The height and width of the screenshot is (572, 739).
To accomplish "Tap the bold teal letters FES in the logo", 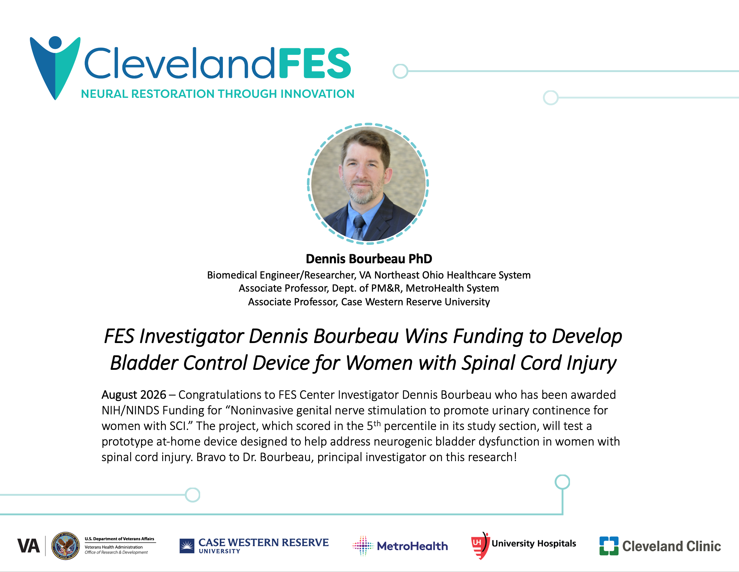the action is click(315, 63).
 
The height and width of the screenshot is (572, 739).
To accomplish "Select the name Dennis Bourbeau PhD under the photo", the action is click(369, 259).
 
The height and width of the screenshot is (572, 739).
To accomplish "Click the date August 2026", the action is click(134, 395).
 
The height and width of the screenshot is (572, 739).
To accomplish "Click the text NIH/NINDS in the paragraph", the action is click(130, 410).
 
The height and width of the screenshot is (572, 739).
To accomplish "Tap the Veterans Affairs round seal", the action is click(66, 546).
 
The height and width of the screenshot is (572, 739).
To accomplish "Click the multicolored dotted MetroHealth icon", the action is click(363, 546).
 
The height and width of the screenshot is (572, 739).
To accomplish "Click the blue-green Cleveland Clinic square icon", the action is click(609, 546).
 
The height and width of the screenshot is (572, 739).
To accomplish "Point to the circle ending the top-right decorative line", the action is click(400, 71).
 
